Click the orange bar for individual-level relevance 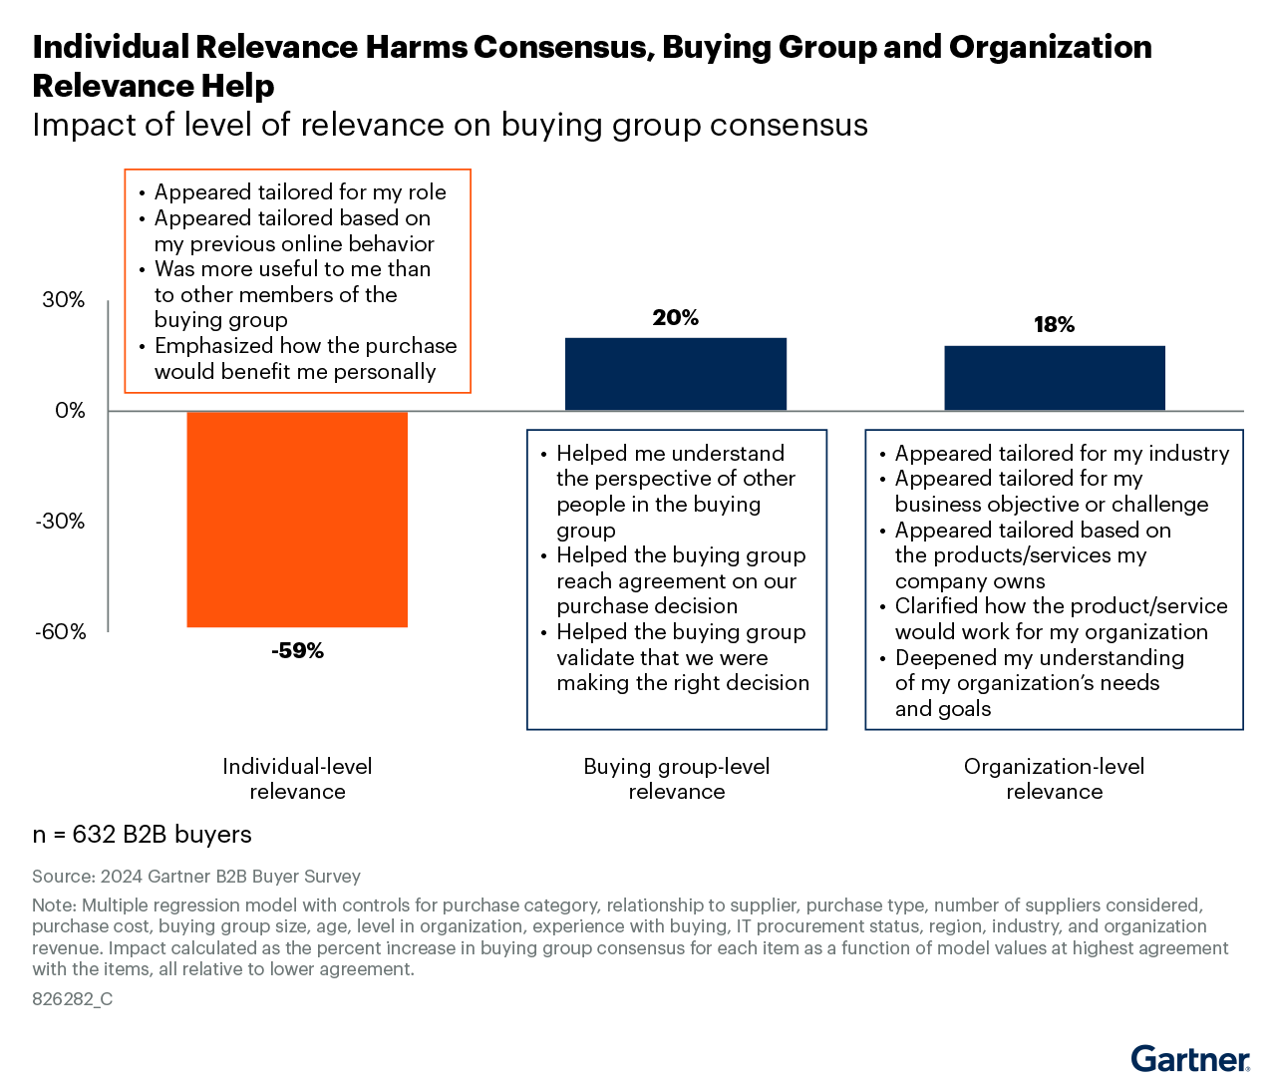(x=297, y=519)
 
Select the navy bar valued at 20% (x=676, y=374)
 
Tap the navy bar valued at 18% (x=1055, y=378)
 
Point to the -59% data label (x=297, y=651)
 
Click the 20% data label (x=676, y=318)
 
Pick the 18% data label (x=1055, y=325)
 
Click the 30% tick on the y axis (x=64, y=300)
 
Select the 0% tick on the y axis (x=70, y=411)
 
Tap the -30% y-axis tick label (x=61, y=522)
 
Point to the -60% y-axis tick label (x=61, y=632)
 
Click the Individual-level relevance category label (x=297, y=779)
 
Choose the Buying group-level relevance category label (x=676, y=779)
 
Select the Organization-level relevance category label (x=1055, y=779)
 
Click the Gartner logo (x=1190, y=1058)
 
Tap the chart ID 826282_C (x=72, y=999)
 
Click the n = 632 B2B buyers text (x=142, y=835)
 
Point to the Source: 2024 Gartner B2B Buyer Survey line (x=196, y=877)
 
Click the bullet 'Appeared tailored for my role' (x=300, y=192)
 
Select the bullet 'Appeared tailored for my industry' (x=1062, y=454)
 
